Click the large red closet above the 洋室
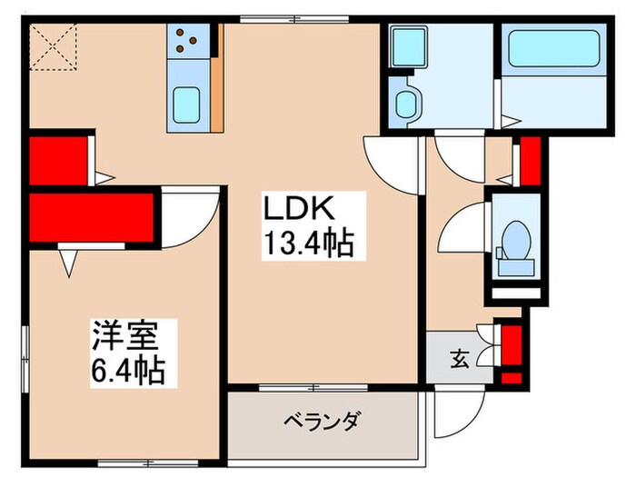88,217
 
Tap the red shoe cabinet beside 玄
512,353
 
